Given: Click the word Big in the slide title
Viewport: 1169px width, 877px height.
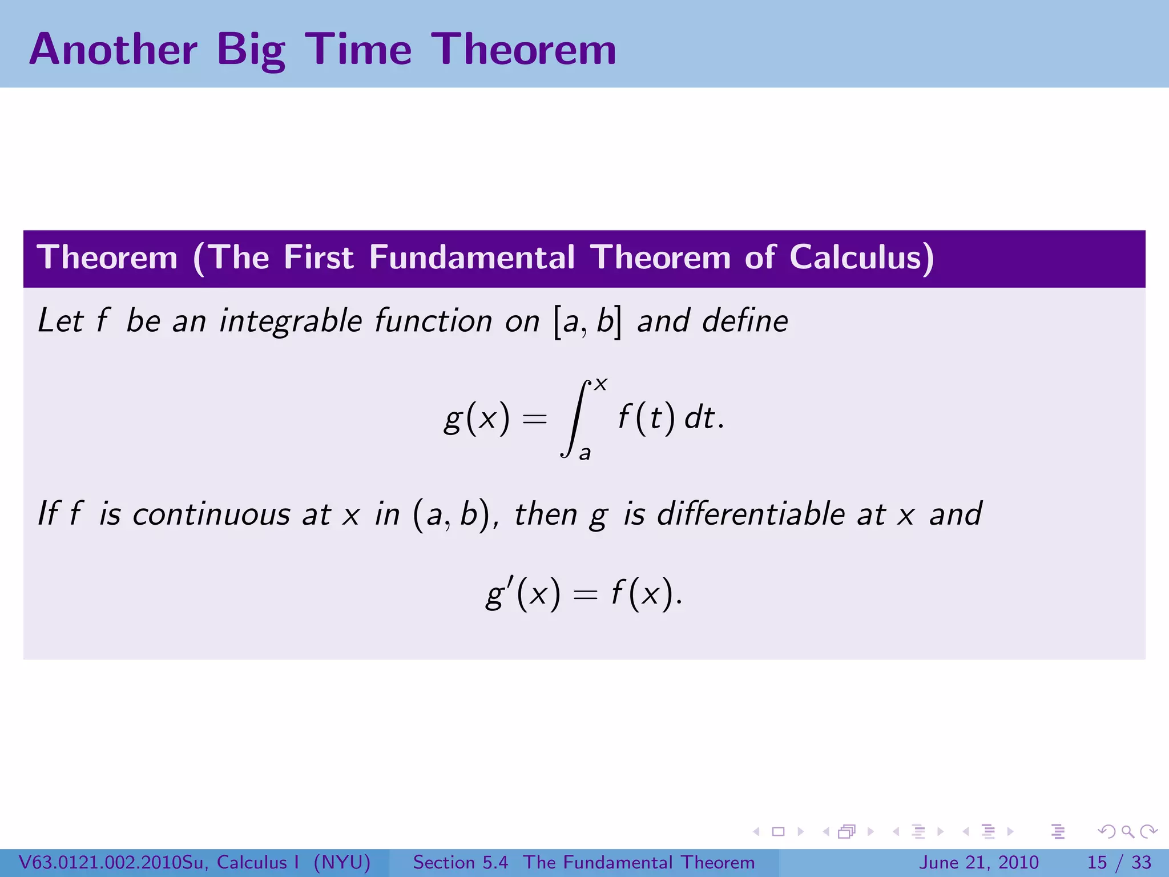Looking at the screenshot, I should coord(251,50).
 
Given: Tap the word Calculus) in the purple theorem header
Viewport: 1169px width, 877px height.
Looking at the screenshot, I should coord(862,258).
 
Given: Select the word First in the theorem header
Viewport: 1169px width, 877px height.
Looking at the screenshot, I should coord(319,258).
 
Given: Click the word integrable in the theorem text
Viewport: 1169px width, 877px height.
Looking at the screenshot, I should coord(291,321).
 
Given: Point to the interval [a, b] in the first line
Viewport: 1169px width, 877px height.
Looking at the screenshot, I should coord(587,321).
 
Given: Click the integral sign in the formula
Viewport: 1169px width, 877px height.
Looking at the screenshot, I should coord(575,419).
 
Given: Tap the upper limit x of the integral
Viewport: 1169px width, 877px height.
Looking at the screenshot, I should coord(600,384).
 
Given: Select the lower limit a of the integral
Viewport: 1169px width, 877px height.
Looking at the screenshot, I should coord(584,453).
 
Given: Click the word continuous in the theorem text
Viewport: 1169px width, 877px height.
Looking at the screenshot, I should coord(211,514).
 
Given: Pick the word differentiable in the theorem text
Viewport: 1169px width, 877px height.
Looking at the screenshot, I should coord(751,514).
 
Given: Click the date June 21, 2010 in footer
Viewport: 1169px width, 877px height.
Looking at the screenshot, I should coord(978,862).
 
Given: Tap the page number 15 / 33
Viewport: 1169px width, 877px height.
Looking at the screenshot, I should coord(1119,862).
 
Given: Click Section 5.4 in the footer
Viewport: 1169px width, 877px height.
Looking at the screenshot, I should coord(460,862).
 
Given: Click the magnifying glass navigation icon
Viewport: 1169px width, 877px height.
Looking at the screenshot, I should coord(1127,831).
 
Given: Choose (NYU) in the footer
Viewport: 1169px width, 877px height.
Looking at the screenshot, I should coord(342,862).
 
